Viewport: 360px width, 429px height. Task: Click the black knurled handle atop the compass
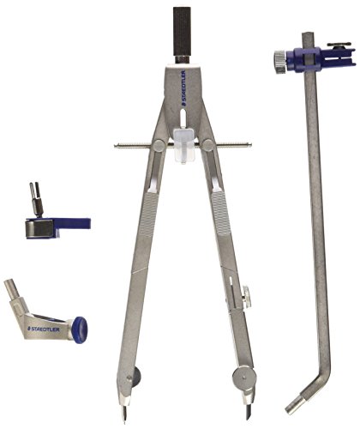coord(182,32)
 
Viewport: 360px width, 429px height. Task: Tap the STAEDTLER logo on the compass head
coord(183,88)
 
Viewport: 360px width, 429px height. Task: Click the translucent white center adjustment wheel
coord(183,146)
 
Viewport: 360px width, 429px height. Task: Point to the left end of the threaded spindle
coord(115,146)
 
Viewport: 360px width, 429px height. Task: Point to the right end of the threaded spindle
coord(250,145)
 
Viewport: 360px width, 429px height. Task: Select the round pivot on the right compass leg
coord(208,145)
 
